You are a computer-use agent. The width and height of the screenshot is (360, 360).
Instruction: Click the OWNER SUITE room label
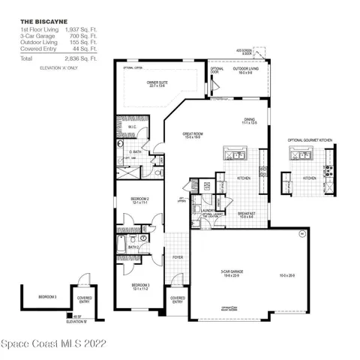(158, 84)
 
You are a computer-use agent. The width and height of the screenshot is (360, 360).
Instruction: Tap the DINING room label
(249, 121)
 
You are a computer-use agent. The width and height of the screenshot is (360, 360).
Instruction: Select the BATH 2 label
(133, 247)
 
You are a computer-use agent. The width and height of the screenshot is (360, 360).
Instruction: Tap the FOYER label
(177, 256)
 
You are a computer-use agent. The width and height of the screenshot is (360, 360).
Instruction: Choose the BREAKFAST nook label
(247, 214)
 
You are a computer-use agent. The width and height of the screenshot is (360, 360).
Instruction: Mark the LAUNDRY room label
(208, 211)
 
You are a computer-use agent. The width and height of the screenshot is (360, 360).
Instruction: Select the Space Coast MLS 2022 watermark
(54, 345)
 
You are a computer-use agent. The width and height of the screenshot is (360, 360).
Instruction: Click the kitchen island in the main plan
(232, 155)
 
